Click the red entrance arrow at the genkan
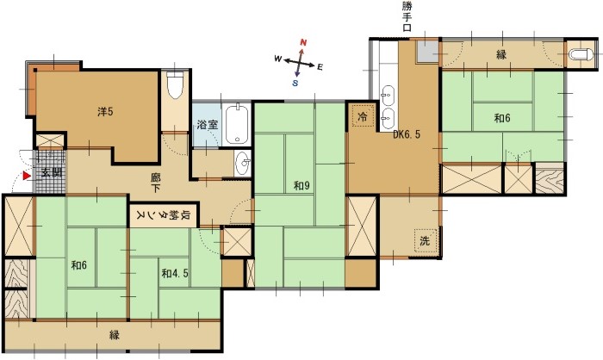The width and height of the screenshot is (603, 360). (27, 176)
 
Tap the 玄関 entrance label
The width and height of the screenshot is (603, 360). (52, 172)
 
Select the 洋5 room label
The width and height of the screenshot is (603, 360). (105, 112)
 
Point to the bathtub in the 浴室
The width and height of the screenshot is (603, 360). (237, 123)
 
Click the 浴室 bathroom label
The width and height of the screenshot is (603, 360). (208, 124)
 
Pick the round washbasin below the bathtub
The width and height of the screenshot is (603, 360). (243, 163)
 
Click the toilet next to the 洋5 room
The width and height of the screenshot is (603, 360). (176, 85)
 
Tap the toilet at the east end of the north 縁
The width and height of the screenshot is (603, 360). (581, 54)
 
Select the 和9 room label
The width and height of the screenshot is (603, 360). (301, 186)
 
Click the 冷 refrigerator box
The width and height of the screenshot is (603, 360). (363, 115)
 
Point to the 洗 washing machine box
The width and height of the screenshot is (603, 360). (426, 241)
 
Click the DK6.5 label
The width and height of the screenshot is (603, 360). (407, 134)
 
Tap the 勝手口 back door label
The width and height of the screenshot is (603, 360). (407, 16)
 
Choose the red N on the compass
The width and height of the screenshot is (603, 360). (303, 42)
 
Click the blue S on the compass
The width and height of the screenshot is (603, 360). (295, 83)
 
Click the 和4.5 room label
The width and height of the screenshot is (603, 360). (175, 274)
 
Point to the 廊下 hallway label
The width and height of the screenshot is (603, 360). (155, 183)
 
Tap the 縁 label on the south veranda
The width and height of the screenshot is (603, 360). (115, 335)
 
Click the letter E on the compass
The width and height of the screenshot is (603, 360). (320, 67)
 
